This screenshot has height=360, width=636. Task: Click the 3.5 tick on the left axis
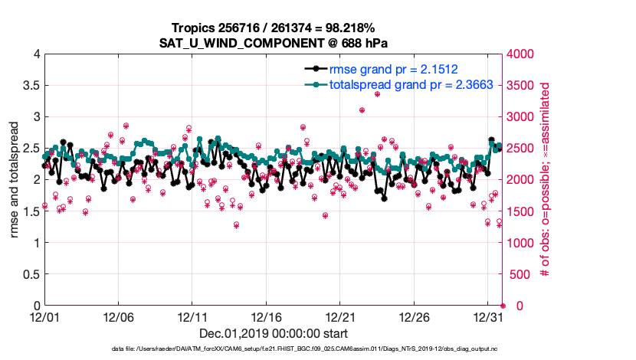(x=31, y=86)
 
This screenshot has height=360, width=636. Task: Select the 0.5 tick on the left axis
(x=31, y=274)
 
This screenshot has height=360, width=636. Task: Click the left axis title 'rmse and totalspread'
(x=15, y=180)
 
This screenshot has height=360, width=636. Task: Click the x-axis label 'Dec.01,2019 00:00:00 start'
(x=274, y=333)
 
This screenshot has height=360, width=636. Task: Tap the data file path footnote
(x=274, y=349)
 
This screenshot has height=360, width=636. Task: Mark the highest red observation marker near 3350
(x=377, y=94)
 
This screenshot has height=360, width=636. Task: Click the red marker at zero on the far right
(x=503, y=306)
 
